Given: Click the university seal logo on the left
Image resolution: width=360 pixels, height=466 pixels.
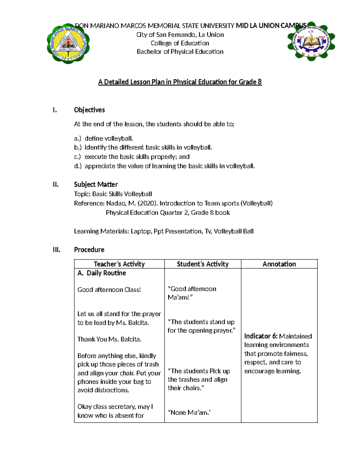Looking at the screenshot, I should coord(68,44).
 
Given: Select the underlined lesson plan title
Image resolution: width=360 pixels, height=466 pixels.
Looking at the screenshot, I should coord(180,82).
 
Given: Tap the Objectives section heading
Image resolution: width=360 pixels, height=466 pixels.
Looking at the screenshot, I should coord(89,110).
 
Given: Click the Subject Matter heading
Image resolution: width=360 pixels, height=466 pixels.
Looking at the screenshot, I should coord(96,184).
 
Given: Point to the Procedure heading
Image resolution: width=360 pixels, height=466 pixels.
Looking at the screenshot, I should coord(89,250).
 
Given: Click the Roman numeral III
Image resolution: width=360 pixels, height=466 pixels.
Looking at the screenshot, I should coord(56,250).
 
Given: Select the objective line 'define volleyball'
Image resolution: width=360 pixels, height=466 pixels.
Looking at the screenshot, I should coord(109,138).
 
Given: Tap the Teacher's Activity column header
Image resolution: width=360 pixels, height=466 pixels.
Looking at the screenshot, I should coord(119,264).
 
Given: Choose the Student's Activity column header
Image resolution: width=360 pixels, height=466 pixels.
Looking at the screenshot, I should coord(202,264).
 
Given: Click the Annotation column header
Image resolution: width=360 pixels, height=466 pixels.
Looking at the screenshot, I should coord(279,264).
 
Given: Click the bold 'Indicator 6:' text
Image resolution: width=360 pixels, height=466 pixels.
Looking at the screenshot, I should coord(261,336).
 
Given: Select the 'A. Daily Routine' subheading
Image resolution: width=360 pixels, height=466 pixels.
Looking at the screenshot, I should coord(102,273).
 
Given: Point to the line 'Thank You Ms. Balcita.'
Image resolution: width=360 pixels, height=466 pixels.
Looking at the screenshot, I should coord(109,339).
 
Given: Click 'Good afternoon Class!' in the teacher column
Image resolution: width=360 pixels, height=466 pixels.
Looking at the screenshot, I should coord(109,290).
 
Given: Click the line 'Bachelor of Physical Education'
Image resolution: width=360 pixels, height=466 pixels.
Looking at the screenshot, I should coord(180,52).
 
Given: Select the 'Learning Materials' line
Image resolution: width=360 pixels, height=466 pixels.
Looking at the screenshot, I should coord(164,231).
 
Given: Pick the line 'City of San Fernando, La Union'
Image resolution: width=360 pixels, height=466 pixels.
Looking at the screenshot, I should coord(180,35).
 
